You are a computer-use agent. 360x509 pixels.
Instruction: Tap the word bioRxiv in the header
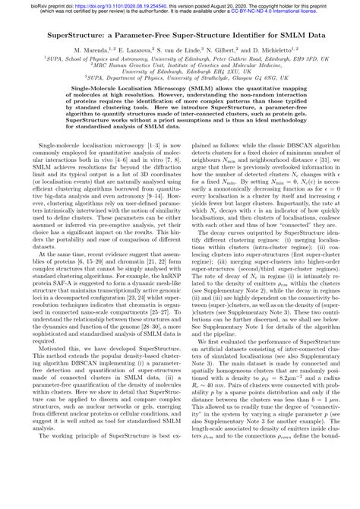tap(11, 4)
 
